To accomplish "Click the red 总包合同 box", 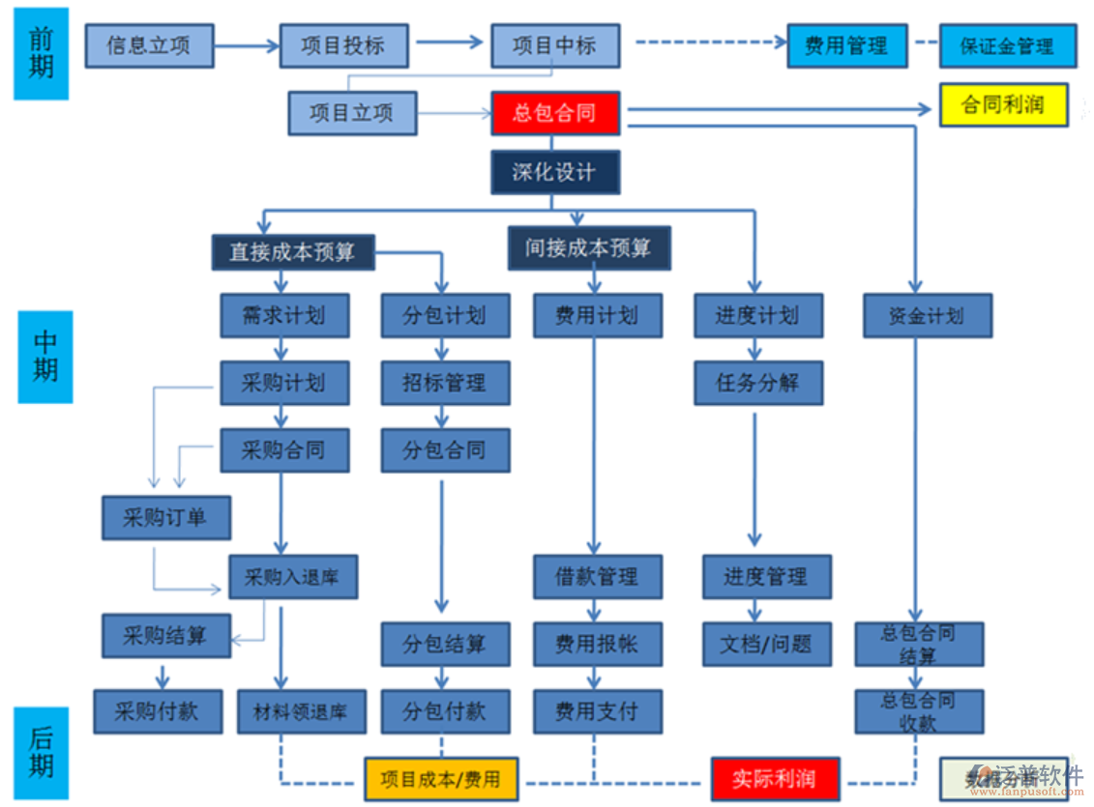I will pyautogui.click(x=555, y=114).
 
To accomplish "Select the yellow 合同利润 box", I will pyautogui.click(x=1003, y=105).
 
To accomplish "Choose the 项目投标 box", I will pyautogui.click(x=343, y=45).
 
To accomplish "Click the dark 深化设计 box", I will pyautogui.click(x=555, y=173).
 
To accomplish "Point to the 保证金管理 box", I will pyautogui.click(x=1007, y=45).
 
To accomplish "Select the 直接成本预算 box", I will pyautogui.click(x=292, y=252).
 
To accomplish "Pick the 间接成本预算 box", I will pyautogui.click(x=588, y=248).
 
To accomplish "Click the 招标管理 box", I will pyautogui.click(x=445, y=384).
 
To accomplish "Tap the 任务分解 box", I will pyautogui.click(x=758, y=383).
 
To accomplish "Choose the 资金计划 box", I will pyautogui.click(x=927, y=316).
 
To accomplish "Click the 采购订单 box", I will pyautogui.click(x=165, y=518).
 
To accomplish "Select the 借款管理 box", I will pyautogui.click(x=597, y=577).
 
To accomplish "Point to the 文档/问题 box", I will pyautogui.click(x=766, y=644).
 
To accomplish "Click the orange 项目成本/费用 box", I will pyautogui.click(x=441, y=779).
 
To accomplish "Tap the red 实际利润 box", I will pyautogui.click(x=774, y=779).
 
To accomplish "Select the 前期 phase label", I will pyautogui.click(x=41, y=53).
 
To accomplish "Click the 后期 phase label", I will pyautogui.click(x=41, y=754).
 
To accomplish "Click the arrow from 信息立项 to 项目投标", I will pyautogui.click(x=246, y=45).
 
